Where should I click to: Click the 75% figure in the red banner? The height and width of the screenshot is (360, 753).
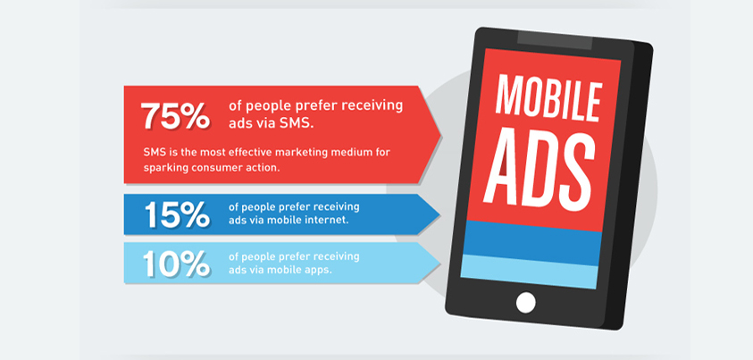[x=175, y=115]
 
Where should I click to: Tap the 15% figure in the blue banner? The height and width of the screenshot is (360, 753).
[x=177, y=214]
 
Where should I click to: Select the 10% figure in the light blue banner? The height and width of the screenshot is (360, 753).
[x=176, y=264]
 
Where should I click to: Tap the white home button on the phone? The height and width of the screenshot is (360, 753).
[x=525, y=303]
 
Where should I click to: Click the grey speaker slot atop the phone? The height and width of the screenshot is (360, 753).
[x=555, y=41]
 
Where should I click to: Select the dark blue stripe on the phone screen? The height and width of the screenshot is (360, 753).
[x=532, y=242]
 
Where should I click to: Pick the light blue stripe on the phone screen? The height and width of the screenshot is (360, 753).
[x=530, y=271]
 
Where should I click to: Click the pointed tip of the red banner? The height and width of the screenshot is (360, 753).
[x=441, y=135]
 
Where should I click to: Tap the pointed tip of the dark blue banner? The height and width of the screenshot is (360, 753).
[x=439, y=214]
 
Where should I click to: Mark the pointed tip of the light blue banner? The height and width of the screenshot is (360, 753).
[x=439, y=263]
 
